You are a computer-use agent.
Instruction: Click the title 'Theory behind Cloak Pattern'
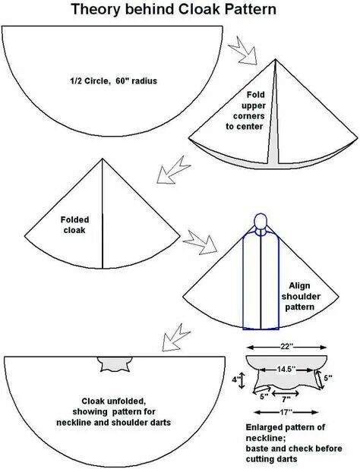pos(174,11)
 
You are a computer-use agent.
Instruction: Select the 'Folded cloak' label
pos(75,225)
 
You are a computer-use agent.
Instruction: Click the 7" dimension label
pos(286,398)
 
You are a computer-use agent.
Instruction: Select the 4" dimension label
pos(236,376)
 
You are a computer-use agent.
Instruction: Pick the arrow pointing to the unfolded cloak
pos(171,335)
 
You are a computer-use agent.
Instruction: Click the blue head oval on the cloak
pos(261,222)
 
